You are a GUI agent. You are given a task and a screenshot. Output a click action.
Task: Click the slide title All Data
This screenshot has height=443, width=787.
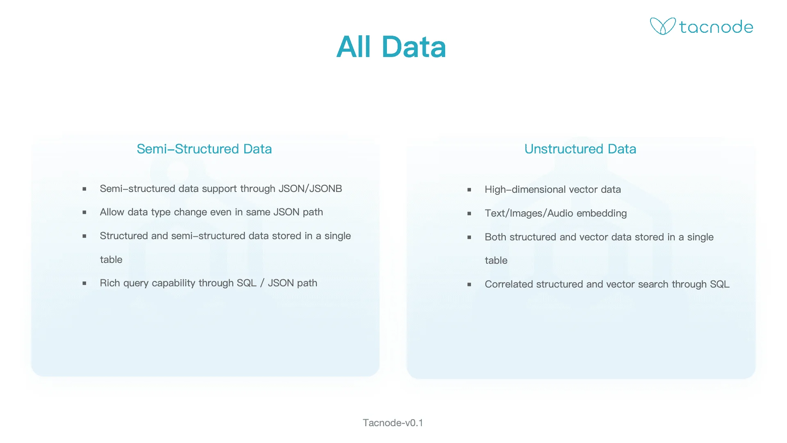pyautogui.click(x=391, y=47)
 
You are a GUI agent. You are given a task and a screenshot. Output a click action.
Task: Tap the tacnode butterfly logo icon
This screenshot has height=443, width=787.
pyautogui.click(x=662, y=26)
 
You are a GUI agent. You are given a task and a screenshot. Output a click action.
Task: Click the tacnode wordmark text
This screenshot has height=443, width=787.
pyautogui.click(x=716, y=27)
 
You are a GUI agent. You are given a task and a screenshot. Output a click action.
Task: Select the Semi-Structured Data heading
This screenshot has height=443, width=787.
pyautogui.click(x=204, y=149)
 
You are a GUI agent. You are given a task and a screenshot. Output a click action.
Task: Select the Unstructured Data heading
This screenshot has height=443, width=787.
pyautogui.click(x=580, y=149)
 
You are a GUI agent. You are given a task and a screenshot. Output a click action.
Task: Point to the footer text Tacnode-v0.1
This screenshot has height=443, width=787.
pyautogui.click(x=393, y=423)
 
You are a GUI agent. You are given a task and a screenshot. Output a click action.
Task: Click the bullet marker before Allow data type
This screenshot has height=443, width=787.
pyautogui.click(x=84, y=212)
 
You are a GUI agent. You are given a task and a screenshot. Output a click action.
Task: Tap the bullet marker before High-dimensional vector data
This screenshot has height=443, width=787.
pyautogui.click(x=469, y=190)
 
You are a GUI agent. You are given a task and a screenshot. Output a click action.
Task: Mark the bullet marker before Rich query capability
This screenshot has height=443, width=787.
pyautogui.click(x=84, y=283)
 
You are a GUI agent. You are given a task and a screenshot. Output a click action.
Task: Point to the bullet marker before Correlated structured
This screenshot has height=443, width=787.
pyautogui.click(x=469, y=285)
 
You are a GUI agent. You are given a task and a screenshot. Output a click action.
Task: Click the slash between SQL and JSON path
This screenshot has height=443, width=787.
pyautogui.click(x=262, y=283)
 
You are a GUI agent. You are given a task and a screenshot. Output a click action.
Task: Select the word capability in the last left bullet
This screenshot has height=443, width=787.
pyautogui.click(x=173, y=283)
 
